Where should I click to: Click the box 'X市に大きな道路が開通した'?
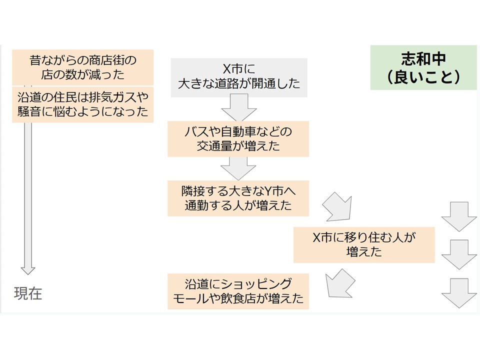(239, 75)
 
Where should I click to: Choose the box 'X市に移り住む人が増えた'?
(364, 245)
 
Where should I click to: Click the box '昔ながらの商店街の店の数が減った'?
(82, 67)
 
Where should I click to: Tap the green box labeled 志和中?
(423, 67)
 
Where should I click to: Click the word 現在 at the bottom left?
(28, 293)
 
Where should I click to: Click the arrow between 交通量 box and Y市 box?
(238, 168)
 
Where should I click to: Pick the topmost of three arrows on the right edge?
(458, 216)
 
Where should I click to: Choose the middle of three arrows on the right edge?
(458, 254)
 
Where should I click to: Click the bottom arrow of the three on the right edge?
(458, 292)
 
